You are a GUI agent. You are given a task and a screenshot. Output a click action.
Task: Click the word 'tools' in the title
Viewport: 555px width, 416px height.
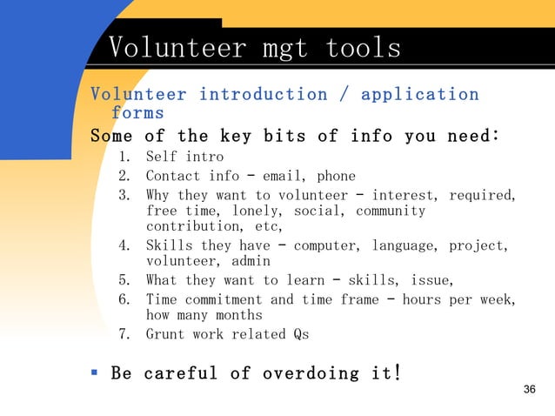click(363, 48)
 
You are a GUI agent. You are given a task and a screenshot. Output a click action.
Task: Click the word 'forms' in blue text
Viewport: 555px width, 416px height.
click(137, 113)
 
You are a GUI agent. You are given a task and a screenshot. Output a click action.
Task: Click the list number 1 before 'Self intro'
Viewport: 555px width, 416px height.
click(124, 158)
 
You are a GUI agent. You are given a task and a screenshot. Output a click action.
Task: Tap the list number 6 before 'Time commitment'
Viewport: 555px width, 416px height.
click(124, 299)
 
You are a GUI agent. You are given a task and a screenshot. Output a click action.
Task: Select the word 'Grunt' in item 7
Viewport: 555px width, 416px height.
click(165, 334)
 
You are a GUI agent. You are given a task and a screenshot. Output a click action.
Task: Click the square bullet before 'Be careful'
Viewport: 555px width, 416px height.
click(95, 372)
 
